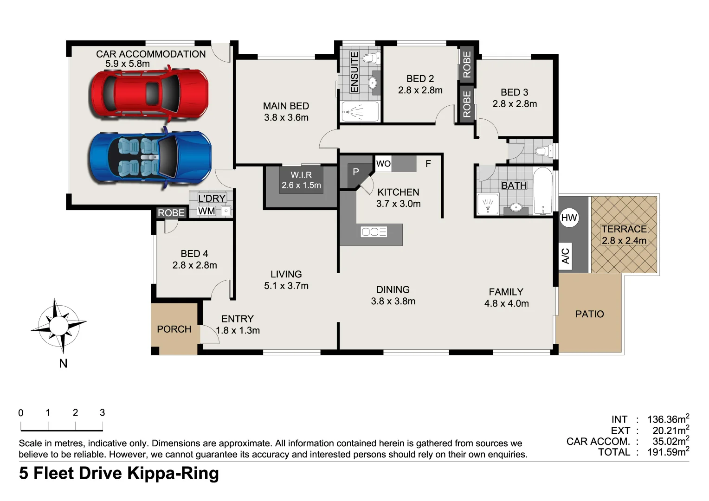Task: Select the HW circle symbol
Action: click(569, 218)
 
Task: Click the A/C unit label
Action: click(565, 256)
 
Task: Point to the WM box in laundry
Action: click(206, 211)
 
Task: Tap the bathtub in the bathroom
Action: click(543, 191)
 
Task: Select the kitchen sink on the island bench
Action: click(374, 231)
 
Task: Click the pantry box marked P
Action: click(356, 172)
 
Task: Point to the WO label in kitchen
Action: click(383, 163)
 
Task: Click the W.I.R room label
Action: click(301, 180)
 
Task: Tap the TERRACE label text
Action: click(624, 229)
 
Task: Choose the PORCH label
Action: click(174, 329)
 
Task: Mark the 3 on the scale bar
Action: click(102, 412)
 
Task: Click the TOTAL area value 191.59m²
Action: click(668, 452)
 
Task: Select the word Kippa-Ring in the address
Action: click(173, 473)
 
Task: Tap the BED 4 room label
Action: click(194, 259)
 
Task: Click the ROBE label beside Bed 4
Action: click(171, 212)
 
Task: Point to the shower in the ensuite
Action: click(360, 112)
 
